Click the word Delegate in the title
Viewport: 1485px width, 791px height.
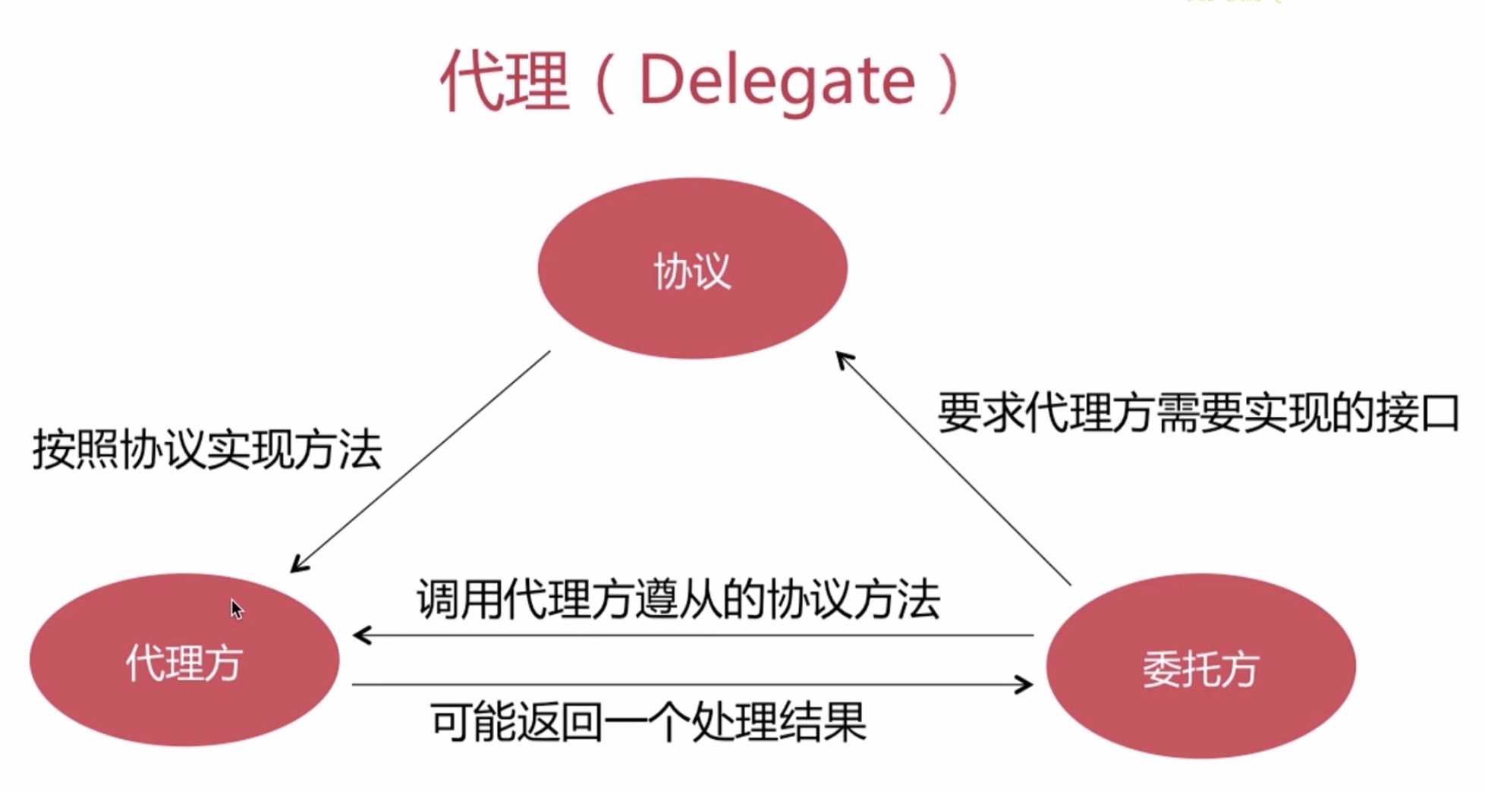pyautogui.click(x=778, y=82)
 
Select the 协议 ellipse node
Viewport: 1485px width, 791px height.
pyautogui.click(x=692, y=268)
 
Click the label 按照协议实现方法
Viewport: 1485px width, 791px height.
pyautogui.click(x=206, y=449)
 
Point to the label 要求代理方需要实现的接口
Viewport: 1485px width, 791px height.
pyautogui.click(x=1198, y=413)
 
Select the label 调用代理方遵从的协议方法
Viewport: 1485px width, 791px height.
pyautogui.click(x=678, y=599)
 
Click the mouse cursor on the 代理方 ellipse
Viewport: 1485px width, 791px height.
pyautogui.click(x=236, y=608)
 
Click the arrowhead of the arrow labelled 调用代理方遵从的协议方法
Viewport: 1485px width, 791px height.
pyautogui.click(x=360, y=635)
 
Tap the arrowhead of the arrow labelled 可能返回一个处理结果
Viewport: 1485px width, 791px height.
pyautogui.click(x=1026, y=685)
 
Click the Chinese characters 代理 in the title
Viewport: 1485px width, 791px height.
pyautogui.click(x=504, y=82)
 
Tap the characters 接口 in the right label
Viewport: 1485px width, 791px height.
pyautogui.click(x=1417, y=413)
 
